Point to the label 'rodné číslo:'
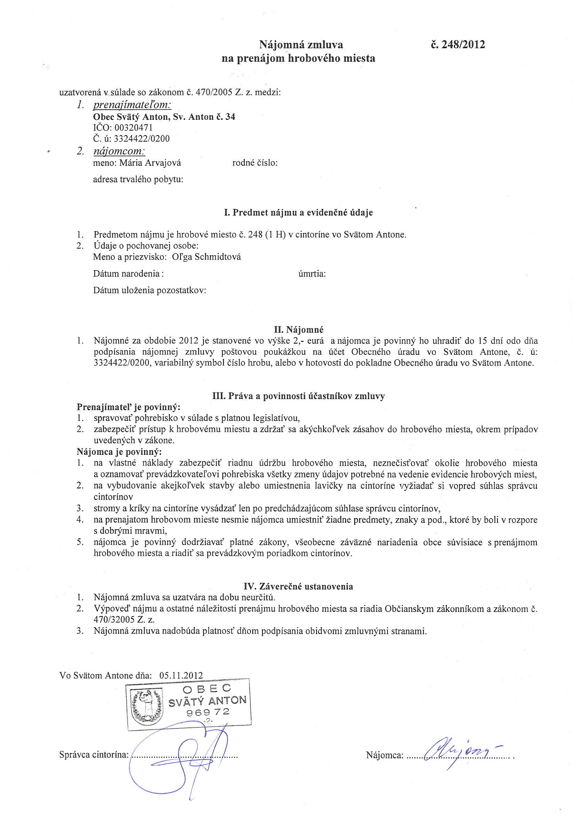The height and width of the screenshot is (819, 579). (255, 163)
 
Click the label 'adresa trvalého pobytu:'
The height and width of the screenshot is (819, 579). (138, 179)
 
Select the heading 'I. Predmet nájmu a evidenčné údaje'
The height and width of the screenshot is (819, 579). (298, 213)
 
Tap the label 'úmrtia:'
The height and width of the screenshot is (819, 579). (312, 274)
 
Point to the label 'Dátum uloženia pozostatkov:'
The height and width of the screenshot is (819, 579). (150, 290)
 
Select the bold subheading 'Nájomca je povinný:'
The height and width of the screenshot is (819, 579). (119, 452)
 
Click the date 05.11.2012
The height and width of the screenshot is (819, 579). (181, 675)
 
